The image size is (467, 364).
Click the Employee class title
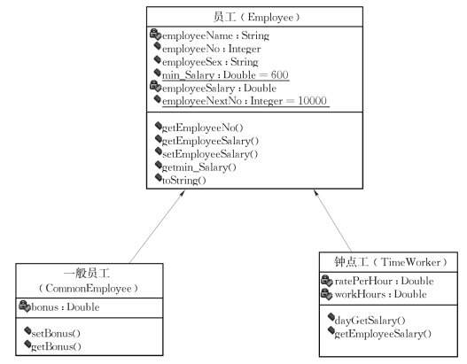(256, 17)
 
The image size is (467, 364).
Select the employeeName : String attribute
(215, 35)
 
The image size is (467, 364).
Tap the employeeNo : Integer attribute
(211, 49)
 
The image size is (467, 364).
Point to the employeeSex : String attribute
(210, 62)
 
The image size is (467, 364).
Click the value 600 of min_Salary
(279, 74)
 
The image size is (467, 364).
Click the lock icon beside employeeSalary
(155, 86)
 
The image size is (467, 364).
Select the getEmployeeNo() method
(203, 128)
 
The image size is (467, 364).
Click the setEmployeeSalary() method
(210, 154)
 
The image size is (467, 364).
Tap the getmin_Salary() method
(199, 167)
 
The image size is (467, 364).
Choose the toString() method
(183, 181)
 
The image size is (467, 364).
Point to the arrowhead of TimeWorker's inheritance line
(316, 193)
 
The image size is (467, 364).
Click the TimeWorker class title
(390, 262)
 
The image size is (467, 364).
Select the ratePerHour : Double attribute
(384, 282)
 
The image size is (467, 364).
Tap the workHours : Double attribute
(381, 294)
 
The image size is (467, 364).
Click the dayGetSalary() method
(370, 321)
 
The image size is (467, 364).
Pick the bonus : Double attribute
(66, 307)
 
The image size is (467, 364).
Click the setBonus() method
(56, 334)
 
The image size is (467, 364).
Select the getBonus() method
(56, 347)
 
